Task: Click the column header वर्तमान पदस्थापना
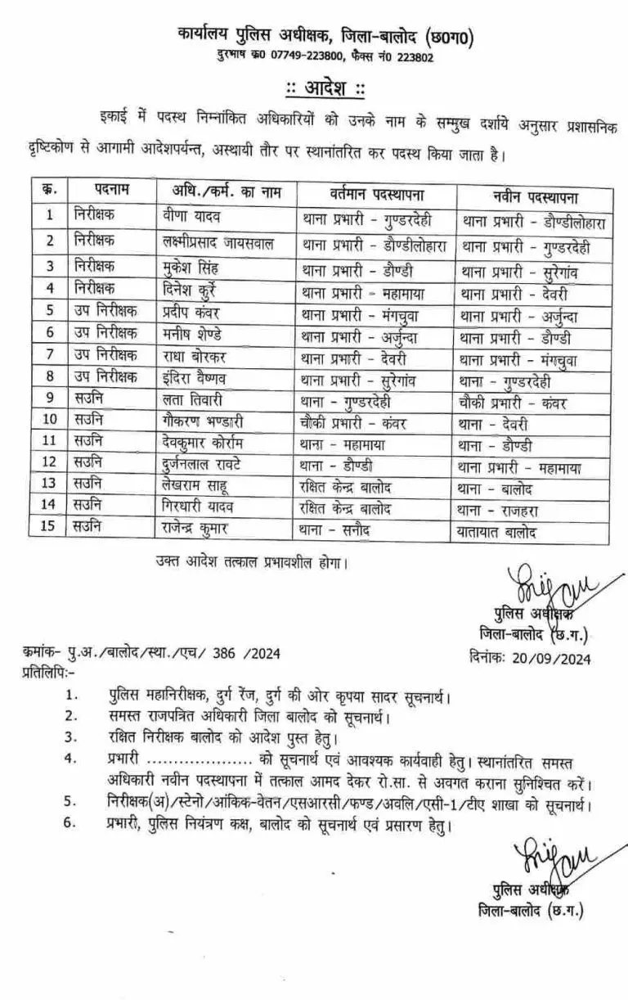(x=377, y=194)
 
